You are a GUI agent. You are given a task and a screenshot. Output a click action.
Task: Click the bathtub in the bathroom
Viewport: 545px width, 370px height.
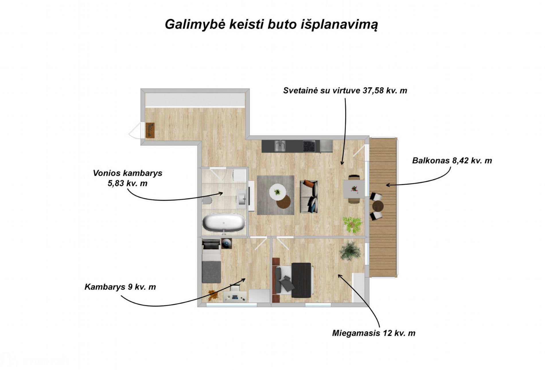(224, 223)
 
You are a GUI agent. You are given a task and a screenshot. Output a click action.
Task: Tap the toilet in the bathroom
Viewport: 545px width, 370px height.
(207, 200)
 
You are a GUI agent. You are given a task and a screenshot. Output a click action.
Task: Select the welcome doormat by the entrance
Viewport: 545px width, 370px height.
(150, 130)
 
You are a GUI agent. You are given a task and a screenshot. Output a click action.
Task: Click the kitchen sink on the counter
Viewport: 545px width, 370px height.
(279, 146)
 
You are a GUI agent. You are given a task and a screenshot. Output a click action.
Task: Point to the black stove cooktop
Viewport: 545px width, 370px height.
(309, 146)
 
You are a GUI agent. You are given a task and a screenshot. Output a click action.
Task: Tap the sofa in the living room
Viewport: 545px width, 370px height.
(309, 196)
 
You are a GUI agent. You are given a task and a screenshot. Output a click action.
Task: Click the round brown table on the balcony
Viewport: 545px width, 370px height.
(378, 206)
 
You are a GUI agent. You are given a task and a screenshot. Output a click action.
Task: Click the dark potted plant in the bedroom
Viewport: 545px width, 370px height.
(350, 250)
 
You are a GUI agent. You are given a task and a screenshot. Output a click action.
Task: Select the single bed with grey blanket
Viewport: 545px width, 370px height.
(211, 261)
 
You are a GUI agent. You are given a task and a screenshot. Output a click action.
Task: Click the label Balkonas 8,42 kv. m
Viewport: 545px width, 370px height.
(452, 160)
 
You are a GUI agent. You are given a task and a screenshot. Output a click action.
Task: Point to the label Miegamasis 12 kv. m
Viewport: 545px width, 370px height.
(373, 333)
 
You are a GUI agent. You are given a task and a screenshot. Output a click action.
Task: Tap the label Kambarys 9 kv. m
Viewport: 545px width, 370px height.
(120, 287)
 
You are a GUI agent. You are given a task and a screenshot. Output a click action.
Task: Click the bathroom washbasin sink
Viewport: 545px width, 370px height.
(242, 197)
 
